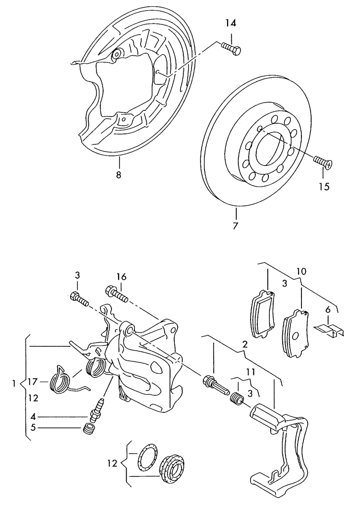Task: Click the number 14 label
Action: pos(230,23)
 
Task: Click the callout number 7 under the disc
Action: pos(235,225)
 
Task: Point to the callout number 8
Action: pos(118,175)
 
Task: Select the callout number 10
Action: pos(300,272)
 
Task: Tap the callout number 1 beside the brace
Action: pos(14,383)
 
